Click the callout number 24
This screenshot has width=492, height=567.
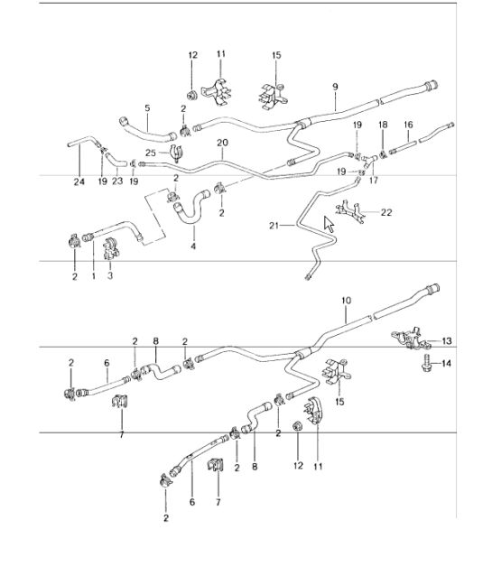(79, 181)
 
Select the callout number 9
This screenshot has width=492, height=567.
(335, 88)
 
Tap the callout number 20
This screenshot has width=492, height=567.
(222, 143)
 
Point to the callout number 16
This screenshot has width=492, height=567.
(408, 125)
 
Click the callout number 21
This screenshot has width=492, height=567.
(274, 226)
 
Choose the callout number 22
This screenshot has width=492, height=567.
(386, 212)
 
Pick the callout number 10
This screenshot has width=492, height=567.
(346, 301)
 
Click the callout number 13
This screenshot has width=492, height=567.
(447, 340)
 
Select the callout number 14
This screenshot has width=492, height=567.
(447, 363)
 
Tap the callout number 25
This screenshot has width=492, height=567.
(151, 153)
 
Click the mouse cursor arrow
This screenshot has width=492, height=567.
(329, 224)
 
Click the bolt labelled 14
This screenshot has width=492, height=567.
(427, 363)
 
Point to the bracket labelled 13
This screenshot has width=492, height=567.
(411, 339)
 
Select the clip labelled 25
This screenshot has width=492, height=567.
(175, 153)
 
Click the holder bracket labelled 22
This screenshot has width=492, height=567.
(350, 211)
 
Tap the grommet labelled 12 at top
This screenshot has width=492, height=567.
(191, 96)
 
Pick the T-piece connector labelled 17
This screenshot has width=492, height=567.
(369, 161)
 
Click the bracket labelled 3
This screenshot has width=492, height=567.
(111, 248)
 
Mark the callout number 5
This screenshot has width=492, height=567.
(147, 108)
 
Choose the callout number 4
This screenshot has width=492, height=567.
(193, 246)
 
